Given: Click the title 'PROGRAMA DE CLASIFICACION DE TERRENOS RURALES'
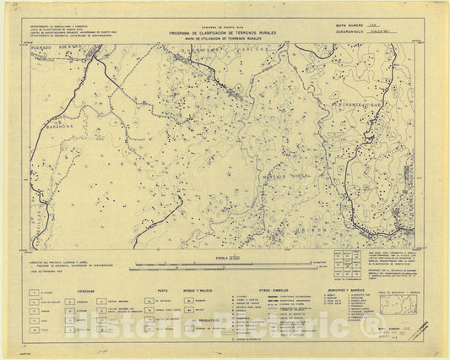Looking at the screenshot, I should coord(224,34).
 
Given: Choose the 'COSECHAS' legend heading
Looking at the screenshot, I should coord(87,288).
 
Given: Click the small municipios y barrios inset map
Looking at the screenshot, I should coord(396,303).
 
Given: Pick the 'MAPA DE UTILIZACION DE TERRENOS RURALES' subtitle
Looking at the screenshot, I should coord(224,39).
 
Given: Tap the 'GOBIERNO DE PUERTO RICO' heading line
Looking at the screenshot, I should coord(224,29).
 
